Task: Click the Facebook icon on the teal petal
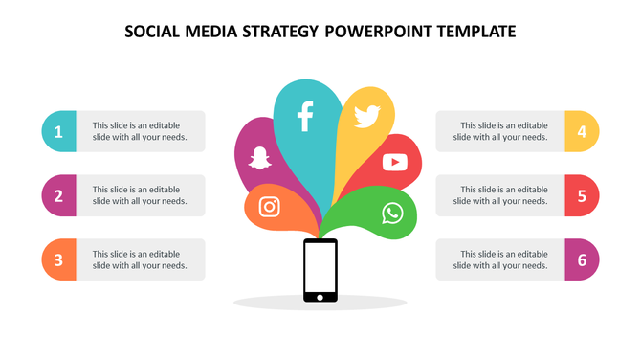[305, 115]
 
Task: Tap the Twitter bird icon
[366, 117]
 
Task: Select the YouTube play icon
[394, 162]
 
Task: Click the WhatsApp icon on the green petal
[392, 213]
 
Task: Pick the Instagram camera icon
[270, 207]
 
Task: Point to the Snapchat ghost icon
[259, 156]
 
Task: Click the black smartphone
[320, 271]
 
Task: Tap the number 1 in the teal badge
[58, 132]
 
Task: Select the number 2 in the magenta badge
[58, 196]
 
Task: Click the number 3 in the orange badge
[58, 259]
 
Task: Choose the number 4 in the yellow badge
[582, 132]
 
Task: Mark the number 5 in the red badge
[582, 196]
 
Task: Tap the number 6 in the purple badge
[582, 259]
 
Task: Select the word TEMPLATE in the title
[475, 32]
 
